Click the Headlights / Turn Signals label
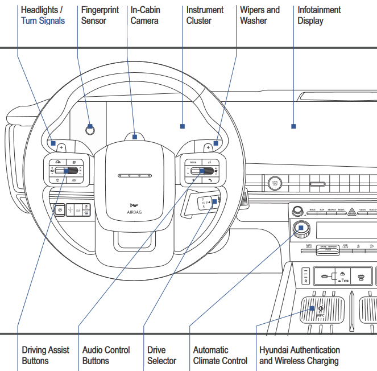(43, 15)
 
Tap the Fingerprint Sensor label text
(100, 15)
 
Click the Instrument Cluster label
(205, 15)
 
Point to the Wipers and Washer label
(260, 15)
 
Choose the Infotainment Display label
(319, 15)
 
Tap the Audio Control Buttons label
(106, 355)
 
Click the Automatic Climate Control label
(220, 355)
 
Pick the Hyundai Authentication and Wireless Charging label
(300, 355)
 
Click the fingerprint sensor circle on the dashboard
(89, 129)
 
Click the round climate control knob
(301, 229)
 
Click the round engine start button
(275, 183)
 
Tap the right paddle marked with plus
(208, 147)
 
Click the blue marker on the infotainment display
(293, 126)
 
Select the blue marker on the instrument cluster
(182, 126)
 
